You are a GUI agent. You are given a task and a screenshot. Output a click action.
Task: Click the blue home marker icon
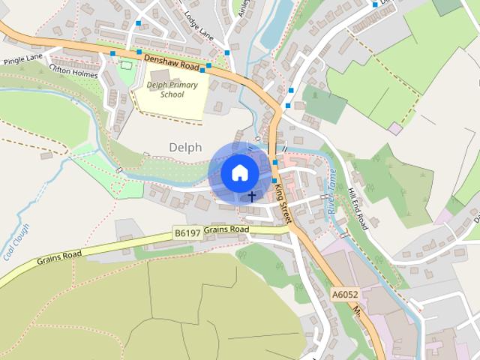[x=239, y=172]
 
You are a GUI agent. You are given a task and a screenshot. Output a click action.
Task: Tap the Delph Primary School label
[x=172, y=90]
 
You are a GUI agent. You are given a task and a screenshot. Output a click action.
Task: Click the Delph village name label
[x=185, y=148]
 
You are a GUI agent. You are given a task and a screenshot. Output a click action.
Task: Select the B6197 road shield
[x=187, y=234]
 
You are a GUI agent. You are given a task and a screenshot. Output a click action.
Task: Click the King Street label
[x=280, y=200]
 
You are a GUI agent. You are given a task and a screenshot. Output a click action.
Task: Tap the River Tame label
[x=331, y=191]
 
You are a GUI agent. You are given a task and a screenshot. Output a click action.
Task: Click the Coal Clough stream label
[x=16, y=241]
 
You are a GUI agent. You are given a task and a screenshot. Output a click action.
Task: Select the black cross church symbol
[x=252, y=196]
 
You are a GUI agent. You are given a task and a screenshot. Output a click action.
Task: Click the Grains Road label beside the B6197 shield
[x=226, y=229]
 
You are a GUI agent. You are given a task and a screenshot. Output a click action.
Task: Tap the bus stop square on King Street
[x=275, y=163]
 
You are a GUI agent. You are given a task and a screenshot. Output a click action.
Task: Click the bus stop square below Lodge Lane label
[x=227, y=52]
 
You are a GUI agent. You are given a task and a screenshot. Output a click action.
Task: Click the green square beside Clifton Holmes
[x=125, y=65]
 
